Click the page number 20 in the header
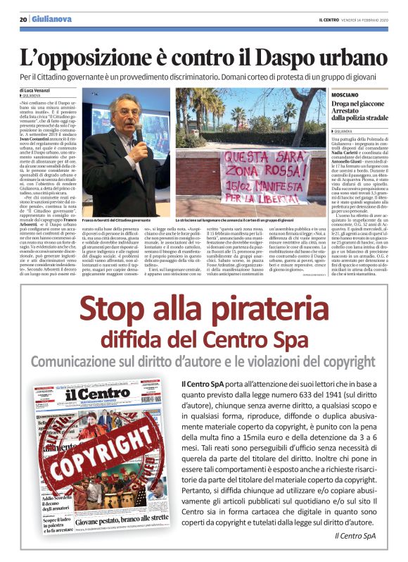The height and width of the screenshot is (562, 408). point(23,19)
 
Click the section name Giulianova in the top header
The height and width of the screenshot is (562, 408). point(51,19)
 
